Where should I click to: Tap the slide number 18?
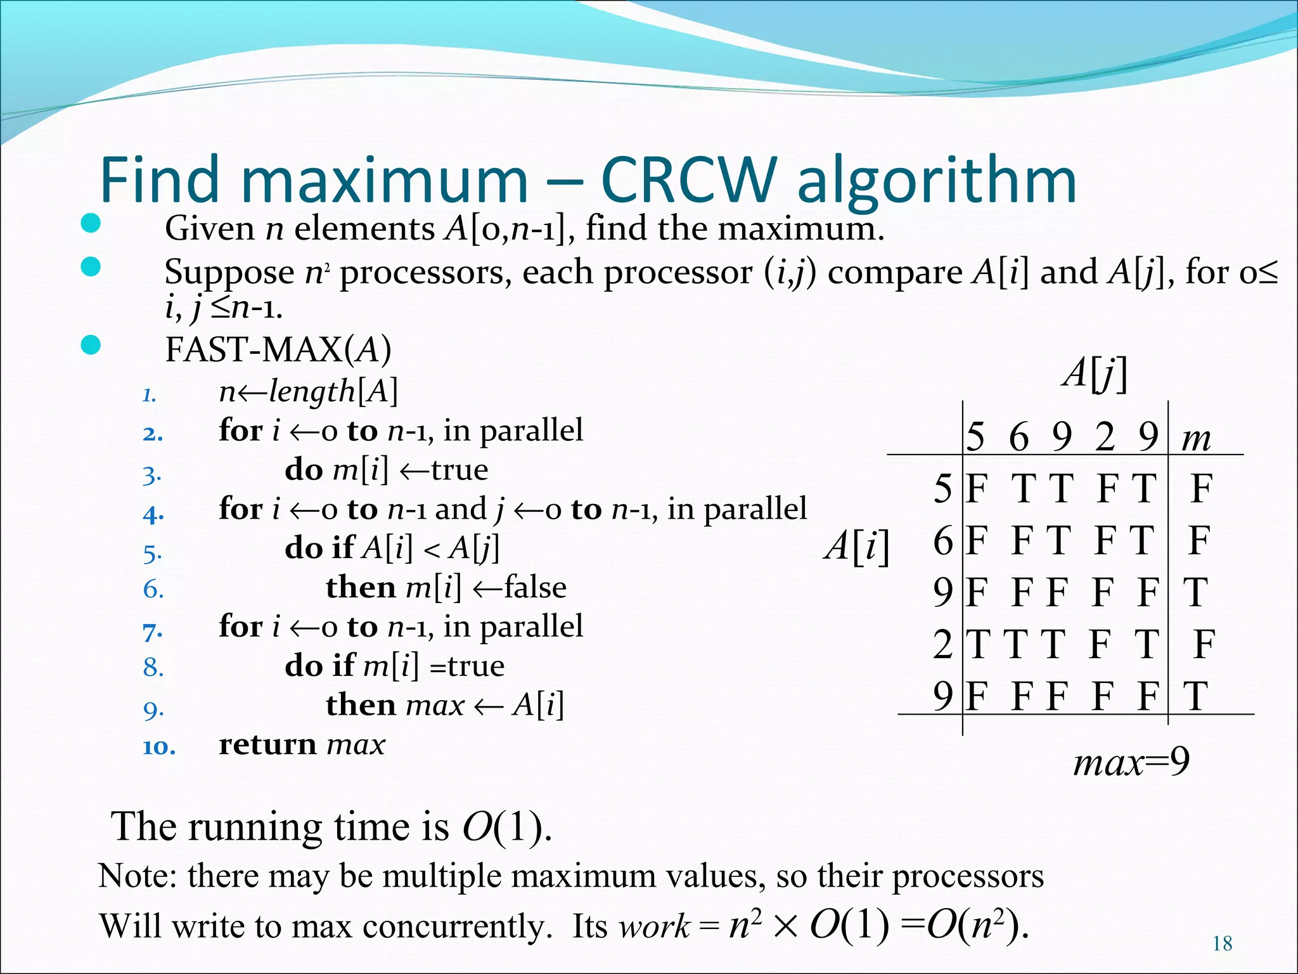[x=1222, y=944]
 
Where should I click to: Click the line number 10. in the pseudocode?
[x=158, y=747]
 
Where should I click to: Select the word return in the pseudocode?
[x=267, y=744]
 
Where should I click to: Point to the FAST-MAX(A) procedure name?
[x=278, y=349]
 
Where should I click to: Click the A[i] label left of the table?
[x=857, y=545]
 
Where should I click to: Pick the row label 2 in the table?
[x=942, y=644]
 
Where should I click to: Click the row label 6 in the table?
[x=942, y=540]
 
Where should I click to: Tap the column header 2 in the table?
[x=1104, y=437]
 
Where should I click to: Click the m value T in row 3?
[x=1195, y=592]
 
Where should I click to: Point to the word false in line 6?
[x=535, y=587]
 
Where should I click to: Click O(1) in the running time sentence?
[x=505, y=827]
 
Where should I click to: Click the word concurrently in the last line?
[x=454, y=926]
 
